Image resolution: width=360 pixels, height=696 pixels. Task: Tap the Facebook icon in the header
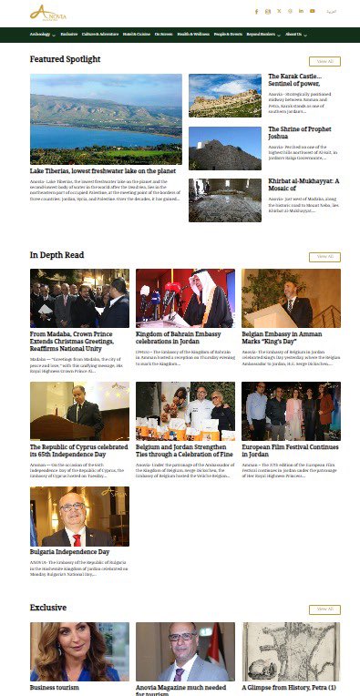pyautogui.click(x=257, y=11)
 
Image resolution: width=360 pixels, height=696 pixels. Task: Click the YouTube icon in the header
pyautogui.click(x=313, y=11)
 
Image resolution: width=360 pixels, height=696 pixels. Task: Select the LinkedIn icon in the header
pyautogui.click(x=302, y=11)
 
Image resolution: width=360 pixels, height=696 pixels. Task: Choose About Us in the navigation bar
pyautogui.click(x=294, y=34)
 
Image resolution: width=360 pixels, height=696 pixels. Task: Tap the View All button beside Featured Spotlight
pyautogui.click(x=325, y=61)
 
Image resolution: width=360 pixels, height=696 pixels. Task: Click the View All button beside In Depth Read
pyautogui.click(x=325, y=257)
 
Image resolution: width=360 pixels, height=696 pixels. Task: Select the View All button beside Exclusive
pyautogui.click(x=325, y=609)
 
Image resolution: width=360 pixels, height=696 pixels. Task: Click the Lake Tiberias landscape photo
pyautogui.click(x=106, y=118)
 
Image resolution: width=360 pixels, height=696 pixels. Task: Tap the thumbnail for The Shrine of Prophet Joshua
pyautogui.click(x=225, y=148)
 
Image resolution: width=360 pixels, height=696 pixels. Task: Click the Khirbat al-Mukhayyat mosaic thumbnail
pyautogui.click(x=225, y=200)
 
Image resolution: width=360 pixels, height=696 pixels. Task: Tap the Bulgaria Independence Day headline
pyautogui.click(x=69, y=552)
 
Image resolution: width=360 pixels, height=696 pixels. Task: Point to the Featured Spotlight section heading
pyautogui.click(x=65, y=59)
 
